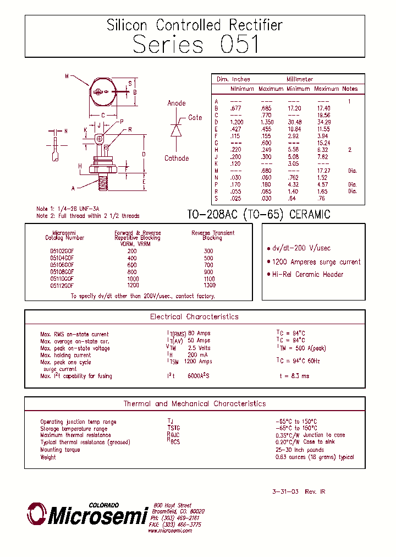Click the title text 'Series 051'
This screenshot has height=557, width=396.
196,44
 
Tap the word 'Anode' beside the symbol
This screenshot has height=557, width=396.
177,103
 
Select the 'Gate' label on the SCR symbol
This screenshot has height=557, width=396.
195,118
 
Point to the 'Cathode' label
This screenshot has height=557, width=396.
177,159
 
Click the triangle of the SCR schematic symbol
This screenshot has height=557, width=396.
176,130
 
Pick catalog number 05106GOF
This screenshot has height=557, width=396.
62,265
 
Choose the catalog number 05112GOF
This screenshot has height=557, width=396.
62,286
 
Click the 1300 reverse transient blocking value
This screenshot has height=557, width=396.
209,286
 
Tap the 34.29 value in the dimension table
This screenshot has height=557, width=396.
324,122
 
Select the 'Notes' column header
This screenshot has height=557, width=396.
350,89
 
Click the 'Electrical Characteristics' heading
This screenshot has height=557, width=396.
194,317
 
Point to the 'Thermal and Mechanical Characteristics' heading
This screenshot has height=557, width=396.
194,404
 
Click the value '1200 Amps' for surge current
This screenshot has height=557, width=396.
197,362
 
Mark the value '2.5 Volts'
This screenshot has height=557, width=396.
199,348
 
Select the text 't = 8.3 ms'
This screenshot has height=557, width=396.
294,376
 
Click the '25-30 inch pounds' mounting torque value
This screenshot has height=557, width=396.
299,450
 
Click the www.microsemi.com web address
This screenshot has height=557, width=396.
170,531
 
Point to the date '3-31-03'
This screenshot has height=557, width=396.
285,492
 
